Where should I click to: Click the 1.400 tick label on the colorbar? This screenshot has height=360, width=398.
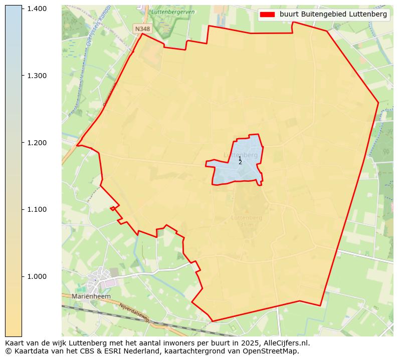(37, 9)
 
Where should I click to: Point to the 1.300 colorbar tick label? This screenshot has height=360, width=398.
(37, 76)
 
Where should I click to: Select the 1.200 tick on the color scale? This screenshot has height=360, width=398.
(37, 143)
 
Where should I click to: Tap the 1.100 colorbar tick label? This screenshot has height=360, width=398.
(37, 209)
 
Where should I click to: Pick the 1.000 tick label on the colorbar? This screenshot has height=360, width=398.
(37, 276)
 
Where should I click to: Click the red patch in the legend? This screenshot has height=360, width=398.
(268, 15)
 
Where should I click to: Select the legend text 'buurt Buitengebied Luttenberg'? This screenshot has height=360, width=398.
(333, 15)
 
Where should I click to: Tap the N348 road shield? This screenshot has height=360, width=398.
(142, 29)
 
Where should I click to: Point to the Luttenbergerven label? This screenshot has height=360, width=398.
(171, 11)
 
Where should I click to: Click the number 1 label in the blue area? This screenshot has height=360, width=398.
(240, 158)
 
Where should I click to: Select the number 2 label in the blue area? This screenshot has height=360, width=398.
(240, 162)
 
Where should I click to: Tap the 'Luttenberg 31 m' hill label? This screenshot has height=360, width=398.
(247, 221)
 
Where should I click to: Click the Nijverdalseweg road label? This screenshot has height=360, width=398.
(134, 312)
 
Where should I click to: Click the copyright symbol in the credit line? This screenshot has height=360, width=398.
(8, 351)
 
